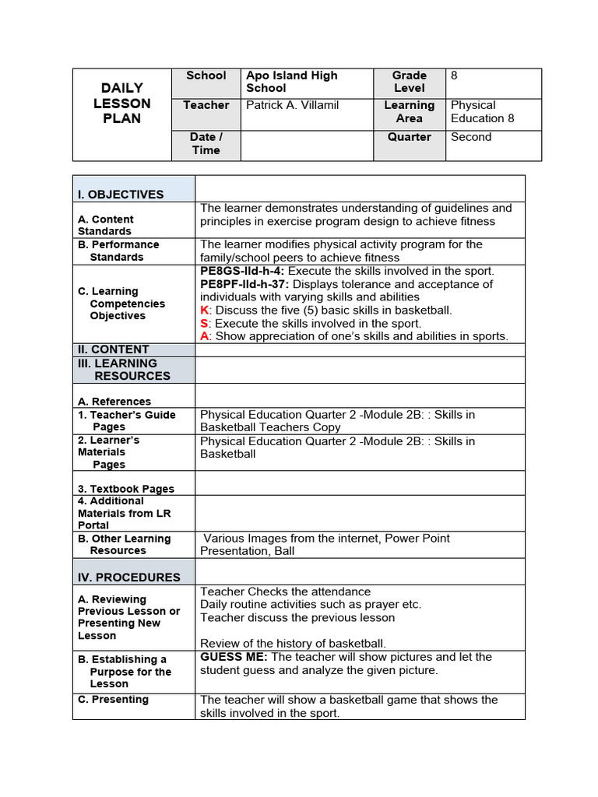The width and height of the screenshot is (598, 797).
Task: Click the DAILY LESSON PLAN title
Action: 122,104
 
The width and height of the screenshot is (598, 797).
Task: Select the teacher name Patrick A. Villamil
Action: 292,105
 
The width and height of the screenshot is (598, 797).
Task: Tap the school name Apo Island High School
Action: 292,82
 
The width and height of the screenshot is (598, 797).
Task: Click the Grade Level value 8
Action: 454,75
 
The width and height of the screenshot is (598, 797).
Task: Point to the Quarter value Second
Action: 471,137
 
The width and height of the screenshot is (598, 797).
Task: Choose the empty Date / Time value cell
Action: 307,145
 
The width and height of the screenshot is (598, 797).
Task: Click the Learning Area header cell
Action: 409,111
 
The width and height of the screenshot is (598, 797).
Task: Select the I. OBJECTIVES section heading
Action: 121,195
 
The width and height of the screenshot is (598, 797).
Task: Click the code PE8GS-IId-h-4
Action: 241,271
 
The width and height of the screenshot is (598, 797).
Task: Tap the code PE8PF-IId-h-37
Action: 244,284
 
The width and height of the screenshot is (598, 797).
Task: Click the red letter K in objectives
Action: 204,310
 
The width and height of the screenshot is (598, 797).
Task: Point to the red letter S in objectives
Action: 204,323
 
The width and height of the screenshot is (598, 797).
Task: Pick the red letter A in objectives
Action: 204,336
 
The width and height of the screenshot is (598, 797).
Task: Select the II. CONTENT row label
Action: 113,349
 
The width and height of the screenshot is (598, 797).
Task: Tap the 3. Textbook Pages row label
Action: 125,489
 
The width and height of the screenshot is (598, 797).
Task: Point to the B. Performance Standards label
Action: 118,251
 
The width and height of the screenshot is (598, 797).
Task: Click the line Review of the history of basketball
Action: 293,643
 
